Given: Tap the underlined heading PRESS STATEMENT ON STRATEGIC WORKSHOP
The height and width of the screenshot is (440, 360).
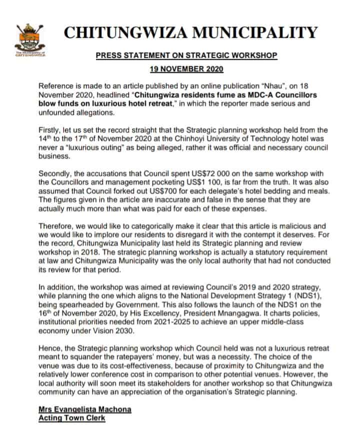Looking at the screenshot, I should tap(186, 56).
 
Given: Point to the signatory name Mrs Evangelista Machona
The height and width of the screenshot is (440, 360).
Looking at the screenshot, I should tap(85, 409).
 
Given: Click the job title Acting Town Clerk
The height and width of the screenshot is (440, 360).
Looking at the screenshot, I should tap(72, 418).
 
